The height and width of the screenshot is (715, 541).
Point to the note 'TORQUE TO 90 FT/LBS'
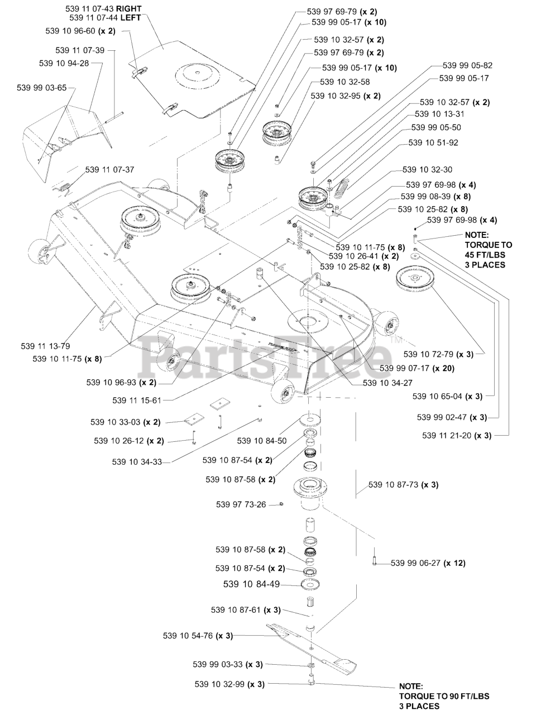444,696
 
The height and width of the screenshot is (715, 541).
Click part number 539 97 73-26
241,504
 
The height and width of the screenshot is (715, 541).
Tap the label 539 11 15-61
136,401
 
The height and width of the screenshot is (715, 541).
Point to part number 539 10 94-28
64,63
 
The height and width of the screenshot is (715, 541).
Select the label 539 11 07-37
109,169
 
